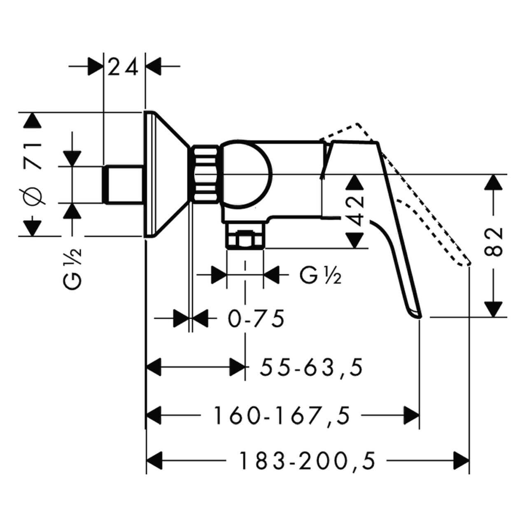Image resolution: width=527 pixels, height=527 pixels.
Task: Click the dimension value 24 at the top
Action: click(x=124, y=67)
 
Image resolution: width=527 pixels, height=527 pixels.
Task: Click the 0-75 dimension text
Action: click(x=257, y=319)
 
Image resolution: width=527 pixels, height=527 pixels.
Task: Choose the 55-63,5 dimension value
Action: click(x=312, y=368)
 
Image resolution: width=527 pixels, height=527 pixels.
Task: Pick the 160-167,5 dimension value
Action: click(x=282, y=415)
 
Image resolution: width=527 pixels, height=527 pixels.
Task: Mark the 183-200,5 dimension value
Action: click(x=308, y=461)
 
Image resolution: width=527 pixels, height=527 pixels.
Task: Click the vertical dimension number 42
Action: click(x=355, y=211)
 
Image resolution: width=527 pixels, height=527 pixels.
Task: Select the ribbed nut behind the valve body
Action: click(x=205, y=173)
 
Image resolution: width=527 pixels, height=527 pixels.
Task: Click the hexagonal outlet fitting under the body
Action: click(x=245, y=239)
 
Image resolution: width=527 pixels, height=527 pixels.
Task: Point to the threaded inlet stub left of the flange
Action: click(x=124, y=184)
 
